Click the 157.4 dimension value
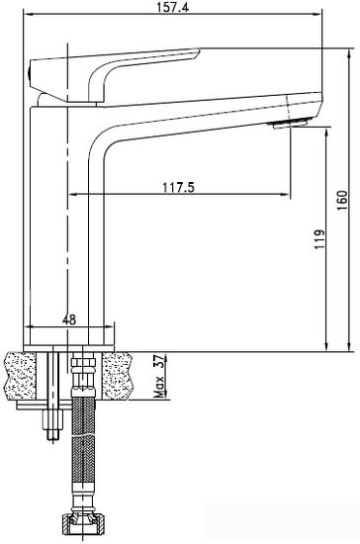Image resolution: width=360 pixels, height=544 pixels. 173,7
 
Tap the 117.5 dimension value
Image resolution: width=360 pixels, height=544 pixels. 179,187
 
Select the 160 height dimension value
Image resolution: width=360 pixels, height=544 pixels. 342,200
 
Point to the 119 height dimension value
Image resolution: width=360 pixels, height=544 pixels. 319,238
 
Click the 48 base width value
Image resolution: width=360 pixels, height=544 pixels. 69,319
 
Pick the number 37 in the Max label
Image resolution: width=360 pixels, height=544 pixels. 158,362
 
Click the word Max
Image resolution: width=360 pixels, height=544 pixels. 159,387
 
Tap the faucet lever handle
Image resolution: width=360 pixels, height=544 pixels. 115,74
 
